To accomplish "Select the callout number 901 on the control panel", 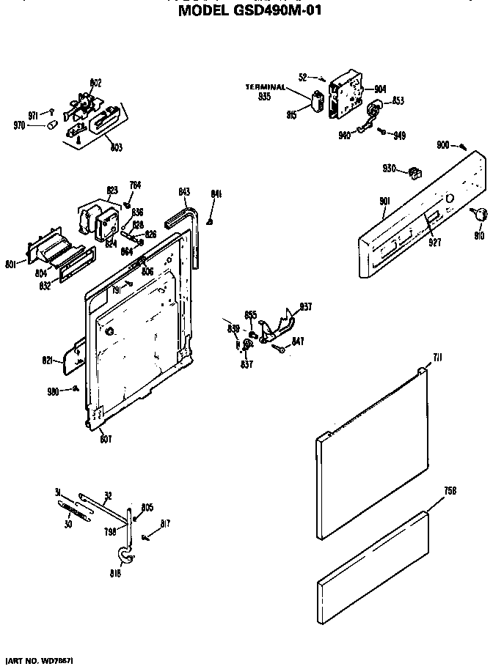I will pyautogui.click(x=385, y=202).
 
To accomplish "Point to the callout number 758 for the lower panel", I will pyautogui.click(x=450, y=489).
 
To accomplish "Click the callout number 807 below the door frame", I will pyautogui.click(x=105, y=439).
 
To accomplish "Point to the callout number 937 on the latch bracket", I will pyautogui.click(x=306, y=307).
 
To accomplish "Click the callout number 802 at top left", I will pyautogui.click(x=95, y=82).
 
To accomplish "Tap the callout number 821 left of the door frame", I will pyautogui.click(x=48, y=360).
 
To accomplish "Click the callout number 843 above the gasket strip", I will pyautogui.click(x=184, y=192).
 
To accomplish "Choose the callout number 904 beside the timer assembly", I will pyautogui.click(x=379, y=89).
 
